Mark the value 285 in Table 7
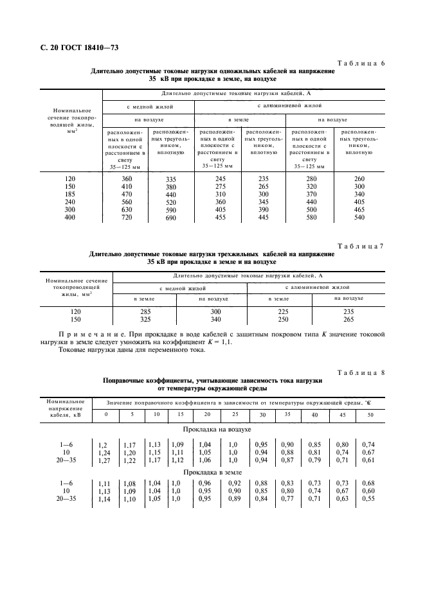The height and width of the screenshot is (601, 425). tap(145, 311)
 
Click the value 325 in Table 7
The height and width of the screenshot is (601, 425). tap(145, 319)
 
